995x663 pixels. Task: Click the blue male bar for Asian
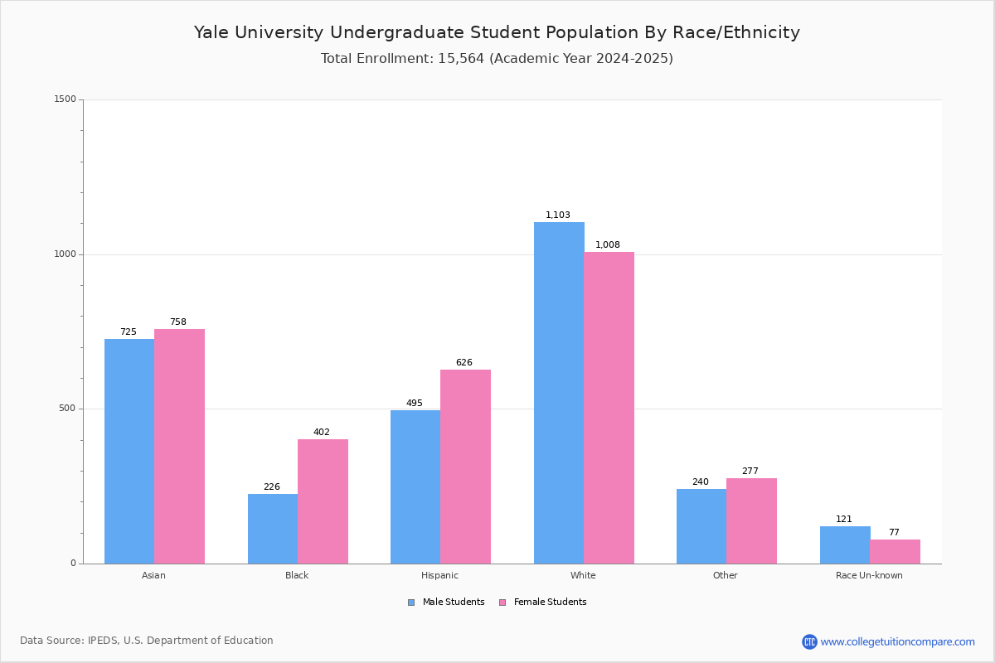tap(129, 451)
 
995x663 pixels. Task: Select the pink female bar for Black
tap(323, 501)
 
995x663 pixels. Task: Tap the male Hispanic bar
tap(415, 486)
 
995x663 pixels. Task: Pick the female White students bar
tap(609, 408)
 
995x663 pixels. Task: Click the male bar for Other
tap(701, 526)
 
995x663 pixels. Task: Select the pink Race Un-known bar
tap(895, 551)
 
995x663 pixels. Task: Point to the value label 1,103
tap(557, 215)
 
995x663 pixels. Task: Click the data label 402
tap(322, 433)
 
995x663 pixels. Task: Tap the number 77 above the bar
tap(894, 533)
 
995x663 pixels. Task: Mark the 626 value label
tap(464, 363)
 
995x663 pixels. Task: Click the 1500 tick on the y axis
tap(66, 99)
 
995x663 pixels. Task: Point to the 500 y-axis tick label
tap(68, 409)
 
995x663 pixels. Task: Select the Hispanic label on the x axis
tap(439, 575)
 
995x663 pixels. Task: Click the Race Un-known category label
tap(869, 575)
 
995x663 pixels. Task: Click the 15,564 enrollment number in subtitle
tap(461, 59)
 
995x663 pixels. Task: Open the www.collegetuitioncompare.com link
tap(897, 642)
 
